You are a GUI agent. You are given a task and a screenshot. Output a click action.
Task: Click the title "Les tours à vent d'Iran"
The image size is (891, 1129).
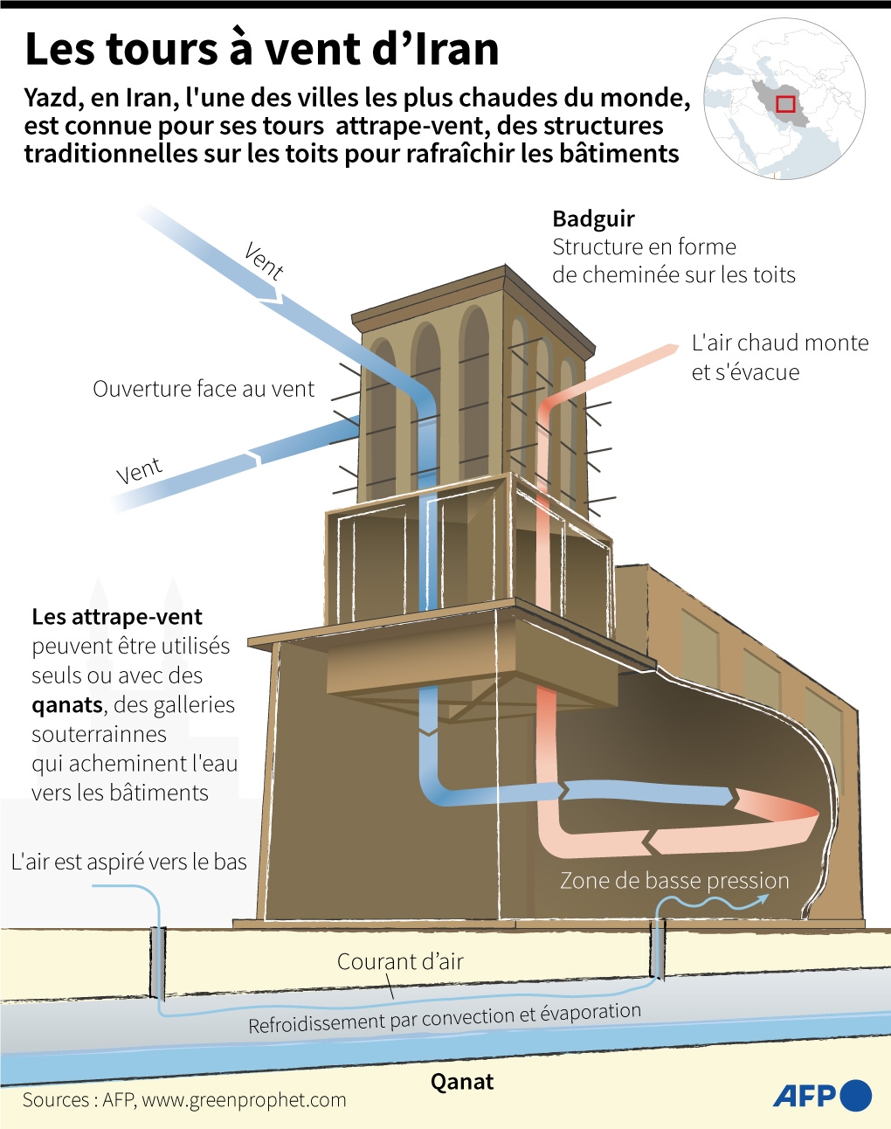tap(261, 49)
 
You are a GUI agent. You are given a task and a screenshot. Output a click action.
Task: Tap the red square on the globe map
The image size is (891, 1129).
tap(785, 104)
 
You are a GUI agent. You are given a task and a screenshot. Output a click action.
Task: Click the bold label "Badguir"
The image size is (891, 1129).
tap(593, 218)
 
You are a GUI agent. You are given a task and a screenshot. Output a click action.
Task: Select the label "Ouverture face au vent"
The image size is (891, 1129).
tap(204, 389)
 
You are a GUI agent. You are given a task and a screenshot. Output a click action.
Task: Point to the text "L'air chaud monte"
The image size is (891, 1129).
tap(780, 343)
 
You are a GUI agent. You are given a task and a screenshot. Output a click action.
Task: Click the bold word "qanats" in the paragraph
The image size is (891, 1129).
tap(67, 704)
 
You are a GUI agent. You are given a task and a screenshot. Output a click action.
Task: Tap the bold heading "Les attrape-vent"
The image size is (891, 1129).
tap(117, 617)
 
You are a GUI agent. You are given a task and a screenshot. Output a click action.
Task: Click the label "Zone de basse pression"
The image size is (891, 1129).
tap(674, 880)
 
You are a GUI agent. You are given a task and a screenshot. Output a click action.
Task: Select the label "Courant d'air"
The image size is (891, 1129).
tap(400, 961)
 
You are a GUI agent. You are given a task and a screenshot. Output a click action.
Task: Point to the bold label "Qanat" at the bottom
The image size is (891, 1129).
tap(462, 1082)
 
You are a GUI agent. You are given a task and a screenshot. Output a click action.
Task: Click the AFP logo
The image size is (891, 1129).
tap(821, 1095)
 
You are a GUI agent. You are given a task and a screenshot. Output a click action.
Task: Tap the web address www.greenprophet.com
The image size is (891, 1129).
tap(244, 1100)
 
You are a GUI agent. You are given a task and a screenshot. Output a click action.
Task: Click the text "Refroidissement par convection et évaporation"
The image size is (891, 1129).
tap(445, 1018)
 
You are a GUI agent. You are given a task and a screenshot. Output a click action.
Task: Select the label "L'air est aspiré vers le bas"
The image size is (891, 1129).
tap(129, 862)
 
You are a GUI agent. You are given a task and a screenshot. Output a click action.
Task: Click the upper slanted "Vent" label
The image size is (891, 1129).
tap(264, 260)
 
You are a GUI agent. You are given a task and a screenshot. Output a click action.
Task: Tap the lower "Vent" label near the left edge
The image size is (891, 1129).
tap(140, 471)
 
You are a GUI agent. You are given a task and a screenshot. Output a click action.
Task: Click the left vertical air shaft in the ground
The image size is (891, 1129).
tap(157, 962)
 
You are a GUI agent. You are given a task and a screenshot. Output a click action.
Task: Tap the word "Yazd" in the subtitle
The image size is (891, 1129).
tap(50, 98)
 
